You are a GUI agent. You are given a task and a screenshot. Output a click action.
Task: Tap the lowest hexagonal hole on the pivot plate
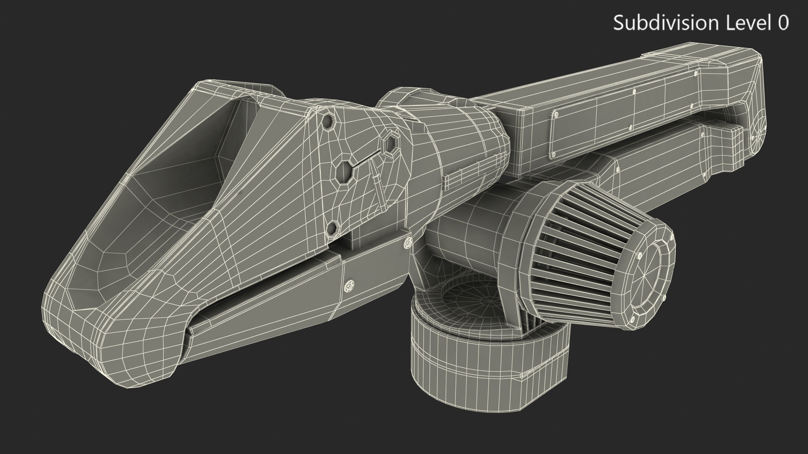[333, 229]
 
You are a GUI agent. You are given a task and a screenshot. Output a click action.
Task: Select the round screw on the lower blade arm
[349, 286]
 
